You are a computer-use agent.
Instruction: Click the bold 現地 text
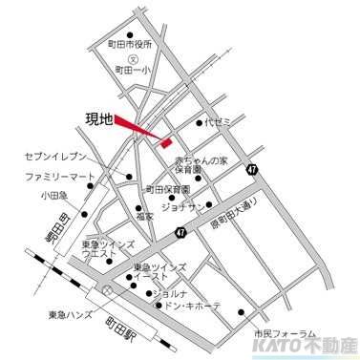point(99,119)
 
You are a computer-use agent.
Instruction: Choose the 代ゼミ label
point(219,123)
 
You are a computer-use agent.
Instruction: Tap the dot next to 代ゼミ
point(200,123)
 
